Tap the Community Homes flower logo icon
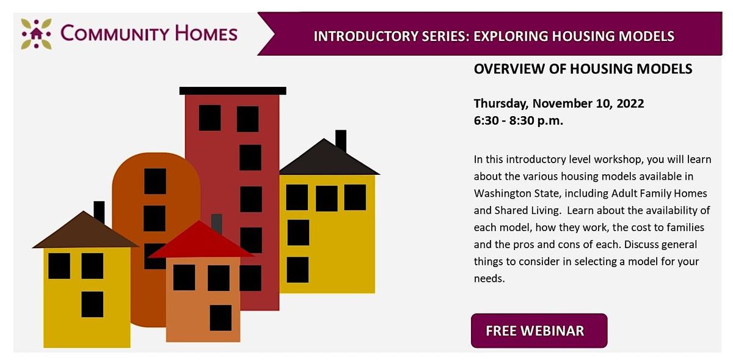point(36,33)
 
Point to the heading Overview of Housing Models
point(583,69)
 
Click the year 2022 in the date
point(630,103)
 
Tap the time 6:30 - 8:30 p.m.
point(518,120)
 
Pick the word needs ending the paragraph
point(489,278)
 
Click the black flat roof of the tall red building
point(233,90)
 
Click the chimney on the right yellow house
point(341,141)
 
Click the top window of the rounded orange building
point(155,181)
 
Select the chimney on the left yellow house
point(99,211)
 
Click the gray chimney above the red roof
point(216,222)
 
